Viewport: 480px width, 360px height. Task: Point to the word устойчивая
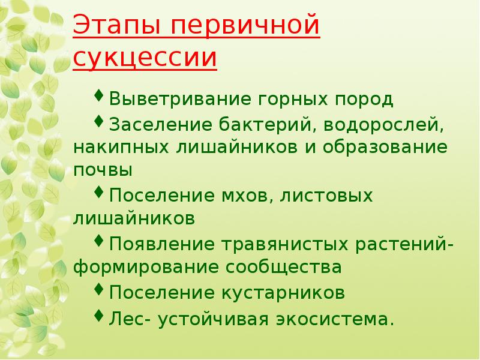tap(215, 318)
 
